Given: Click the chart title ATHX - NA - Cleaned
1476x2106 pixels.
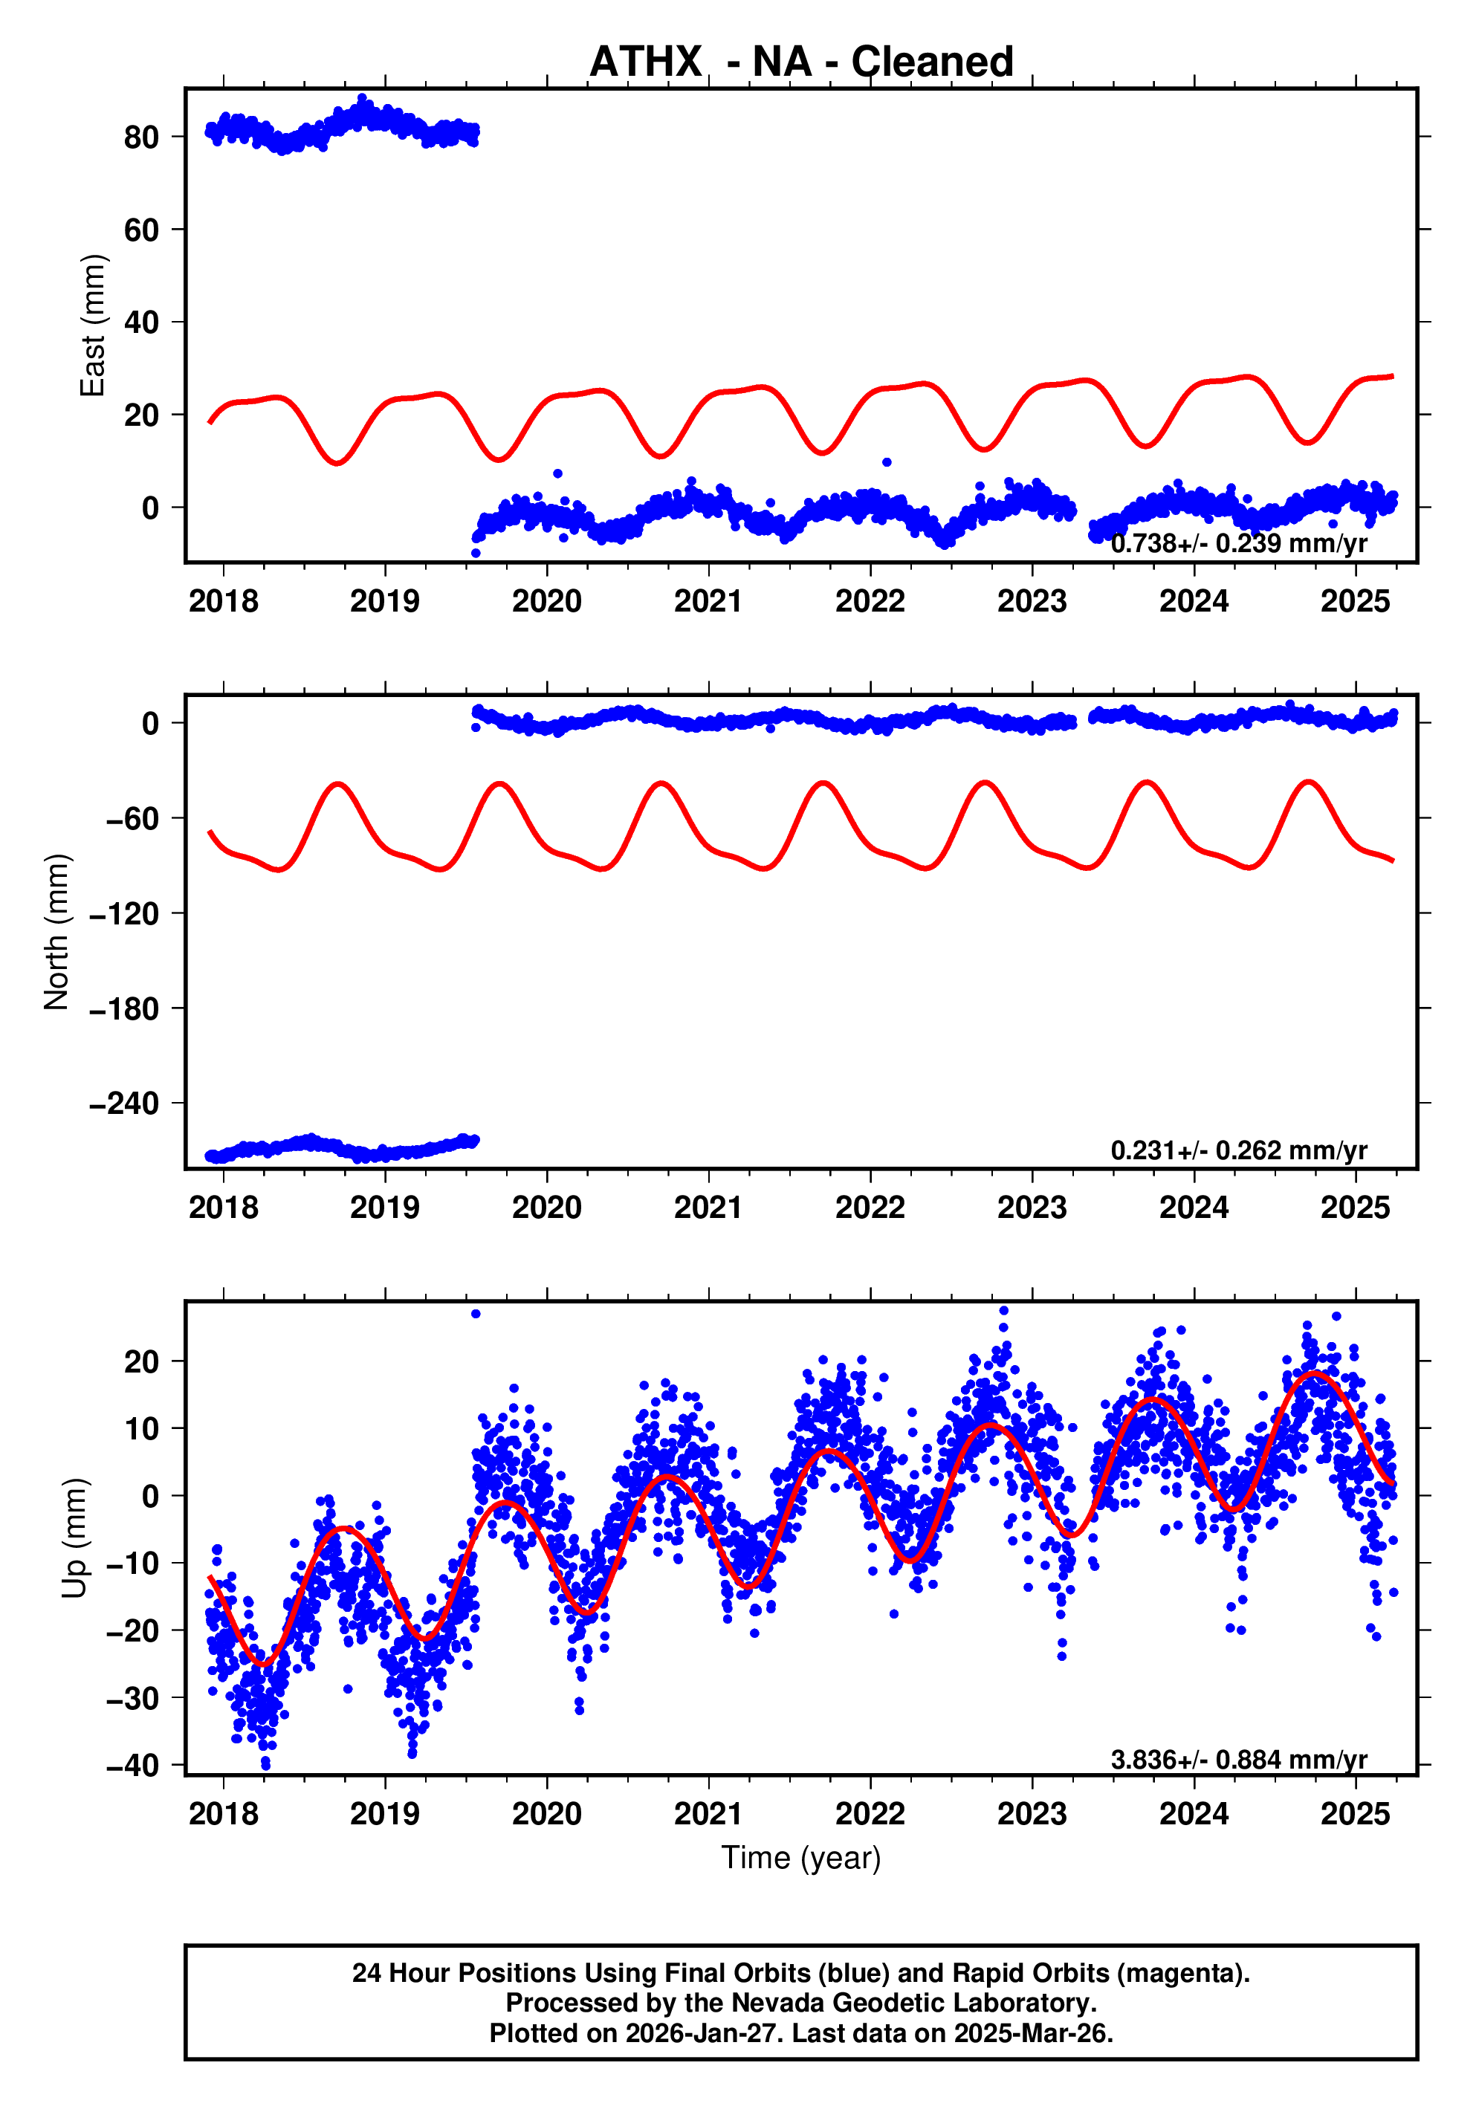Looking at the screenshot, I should pyautogui.click(x=801, y=62).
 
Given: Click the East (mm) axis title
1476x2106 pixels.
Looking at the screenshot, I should pyautogui.click(x=93, y=325).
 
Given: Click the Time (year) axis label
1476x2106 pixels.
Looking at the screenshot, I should pyautogui.click(x=801, y=1857).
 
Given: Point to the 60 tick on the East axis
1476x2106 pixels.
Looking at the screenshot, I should pyautogui.click(x=141, y=230).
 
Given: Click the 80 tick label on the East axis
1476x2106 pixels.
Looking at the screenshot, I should pyautogui.click(x=141, y=137).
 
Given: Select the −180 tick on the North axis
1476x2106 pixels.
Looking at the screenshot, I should pyautogui.click(x=124, y=1009).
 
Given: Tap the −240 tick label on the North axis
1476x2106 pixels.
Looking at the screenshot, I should pyautogui.click(x=124, y=1104).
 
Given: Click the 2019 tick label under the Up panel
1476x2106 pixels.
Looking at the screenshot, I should pyautogui.click(x=384, y=1814).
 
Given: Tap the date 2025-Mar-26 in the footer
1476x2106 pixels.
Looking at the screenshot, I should pyautogui.click(x=1032, y=2032).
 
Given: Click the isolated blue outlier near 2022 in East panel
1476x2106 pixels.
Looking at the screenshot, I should pyautogui.click(x=886, y=462).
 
